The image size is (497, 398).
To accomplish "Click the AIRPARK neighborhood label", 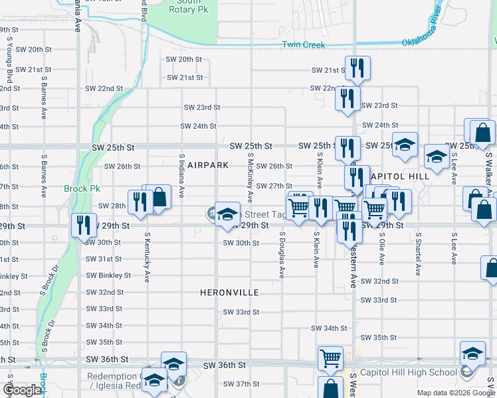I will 207,165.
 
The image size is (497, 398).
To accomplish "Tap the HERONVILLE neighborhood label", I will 229,292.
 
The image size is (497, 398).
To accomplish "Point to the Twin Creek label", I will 303,44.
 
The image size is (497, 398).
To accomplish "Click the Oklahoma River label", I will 421,32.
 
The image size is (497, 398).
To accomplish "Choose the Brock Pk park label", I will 82,188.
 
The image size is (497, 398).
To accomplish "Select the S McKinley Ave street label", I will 250,177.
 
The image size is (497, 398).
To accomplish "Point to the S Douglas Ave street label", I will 282,255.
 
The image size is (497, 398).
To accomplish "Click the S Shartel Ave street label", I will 418,253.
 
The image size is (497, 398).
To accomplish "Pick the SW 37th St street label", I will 241,384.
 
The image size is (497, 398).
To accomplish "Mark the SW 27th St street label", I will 274,186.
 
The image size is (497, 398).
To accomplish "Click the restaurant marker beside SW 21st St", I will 357,68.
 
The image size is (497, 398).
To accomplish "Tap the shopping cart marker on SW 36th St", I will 330,358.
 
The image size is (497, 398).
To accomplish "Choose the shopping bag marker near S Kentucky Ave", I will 159,197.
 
